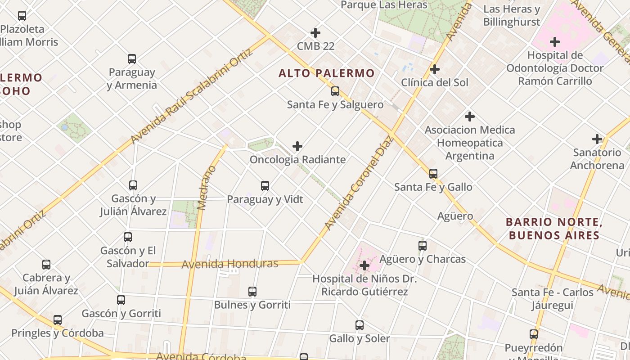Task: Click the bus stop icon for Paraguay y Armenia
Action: [x=132, y=59]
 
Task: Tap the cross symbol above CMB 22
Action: [x=315, y=33]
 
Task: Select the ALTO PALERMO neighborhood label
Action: [x=327, y=73]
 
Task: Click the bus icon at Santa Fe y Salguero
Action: [x=335, y=91]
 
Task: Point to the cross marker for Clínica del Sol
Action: [x=434, y=69]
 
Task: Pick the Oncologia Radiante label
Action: [x=298, y=160]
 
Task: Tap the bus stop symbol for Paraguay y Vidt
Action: [x=265, y=186]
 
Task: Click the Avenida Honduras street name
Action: [x=230, y=264]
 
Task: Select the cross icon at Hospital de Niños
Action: [x=364, y=266]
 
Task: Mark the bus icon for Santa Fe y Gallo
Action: [x=433, y=174]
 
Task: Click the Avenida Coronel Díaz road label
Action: [x=359, y=183]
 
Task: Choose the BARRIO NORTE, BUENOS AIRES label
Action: [x=554, y=229]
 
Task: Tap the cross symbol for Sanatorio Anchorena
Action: [x=597, y=139]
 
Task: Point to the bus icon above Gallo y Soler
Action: [x=360, y=325]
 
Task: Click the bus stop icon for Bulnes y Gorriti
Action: [x=252, y=292]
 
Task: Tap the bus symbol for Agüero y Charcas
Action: [x=423, y=246]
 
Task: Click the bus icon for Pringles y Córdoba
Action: [x=58, y=320]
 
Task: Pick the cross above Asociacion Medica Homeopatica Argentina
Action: [x=470, y=117]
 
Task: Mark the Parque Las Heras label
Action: [x=384, y=5]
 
